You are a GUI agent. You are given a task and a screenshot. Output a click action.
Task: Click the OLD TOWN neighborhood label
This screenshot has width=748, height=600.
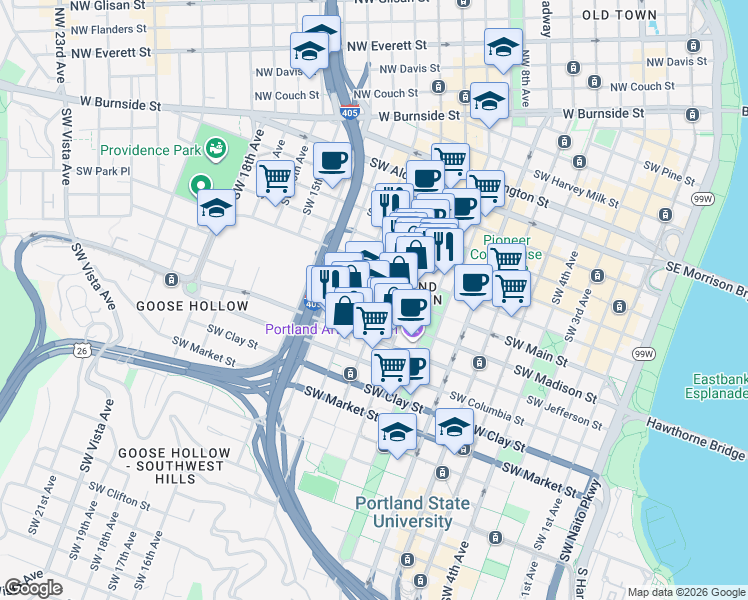point(647,16)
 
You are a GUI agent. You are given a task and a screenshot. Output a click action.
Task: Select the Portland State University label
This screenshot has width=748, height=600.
point(412,512)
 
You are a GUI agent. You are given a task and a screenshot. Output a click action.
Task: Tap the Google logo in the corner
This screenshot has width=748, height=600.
point(32,588)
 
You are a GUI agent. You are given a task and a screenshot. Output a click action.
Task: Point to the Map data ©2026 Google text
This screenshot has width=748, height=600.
point(685,592)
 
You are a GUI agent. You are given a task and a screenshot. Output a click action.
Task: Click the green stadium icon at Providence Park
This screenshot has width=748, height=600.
point(215,149)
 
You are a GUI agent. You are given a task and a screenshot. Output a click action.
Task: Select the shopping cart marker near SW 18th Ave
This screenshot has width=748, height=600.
point(274,179)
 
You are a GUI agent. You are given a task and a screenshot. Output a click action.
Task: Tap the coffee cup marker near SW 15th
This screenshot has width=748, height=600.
point(332,160)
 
